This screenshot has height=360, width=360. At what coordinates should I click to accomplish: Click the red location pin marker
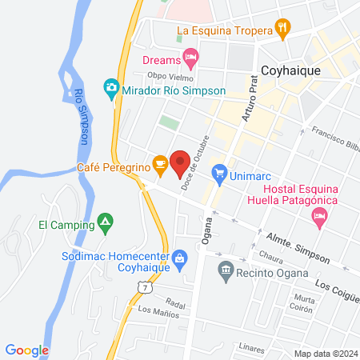(180, 162)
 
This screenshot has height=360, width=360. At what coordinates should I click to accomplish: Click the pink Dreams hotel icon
(190, 56)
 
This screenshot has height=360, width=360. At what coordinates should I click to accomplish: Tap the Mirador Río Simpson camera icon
(111, 86)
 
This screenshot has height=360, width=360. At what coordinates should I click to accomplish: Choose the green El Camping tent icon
(103, 220)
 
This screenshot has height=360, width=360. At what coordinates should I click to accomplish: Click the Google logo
(27, 350)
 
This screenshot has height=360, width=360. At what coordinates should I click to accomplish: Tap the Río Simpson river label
(81, 114)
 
